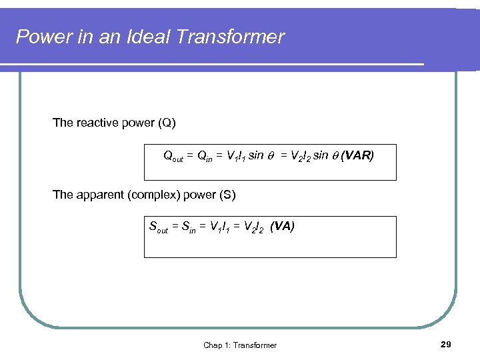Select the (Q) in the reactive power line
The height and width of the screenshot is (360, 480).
pos(167,123)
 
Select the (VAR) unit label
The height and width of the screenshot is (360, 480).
pos(357,156)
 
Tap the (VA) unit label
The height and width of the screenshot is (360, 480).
pos(282,226)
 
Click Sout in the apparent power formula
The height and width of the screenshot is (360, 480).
pos(158,227)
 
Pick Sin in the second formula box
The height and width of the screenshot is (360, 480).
pos(187,227)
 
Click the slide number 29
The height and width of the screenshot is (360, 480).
pos(446,344)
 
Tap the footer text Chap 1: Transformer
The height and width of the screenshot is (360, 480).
pos(239,345)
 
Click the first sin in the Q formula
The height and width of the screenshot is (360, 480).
pos(256,156)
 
